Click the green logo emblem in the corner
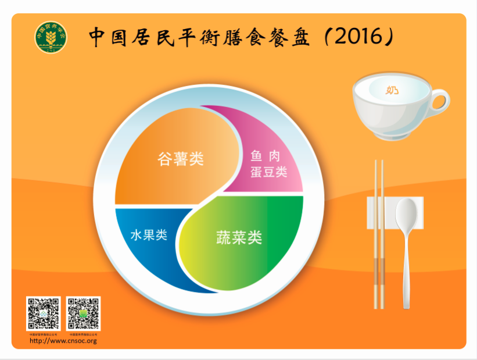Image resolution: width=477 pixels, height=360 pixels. (51, 37)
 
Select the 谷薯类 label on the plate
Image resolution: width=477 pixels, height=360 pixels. (181, 159)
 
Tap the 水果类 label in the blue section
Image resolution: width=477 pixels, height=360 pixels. (149, 235)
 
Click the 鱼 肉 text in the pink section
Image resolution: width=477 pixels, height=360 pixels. (266, 156)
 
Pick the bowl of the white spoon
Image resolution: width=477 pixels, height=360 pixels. (406, 215)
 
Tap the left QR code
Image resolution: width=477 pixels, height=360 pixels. (43, 314)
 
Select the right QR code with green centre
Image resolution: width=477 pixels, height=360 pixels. (83, 314)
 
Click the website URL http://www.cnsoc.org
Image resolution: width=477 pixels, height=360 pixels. (63, 340)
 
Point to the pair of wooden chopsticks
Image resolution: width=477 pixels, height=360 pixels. (379, 233)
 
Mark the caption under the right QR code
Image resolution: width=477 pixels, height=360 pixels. (83, 334)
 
